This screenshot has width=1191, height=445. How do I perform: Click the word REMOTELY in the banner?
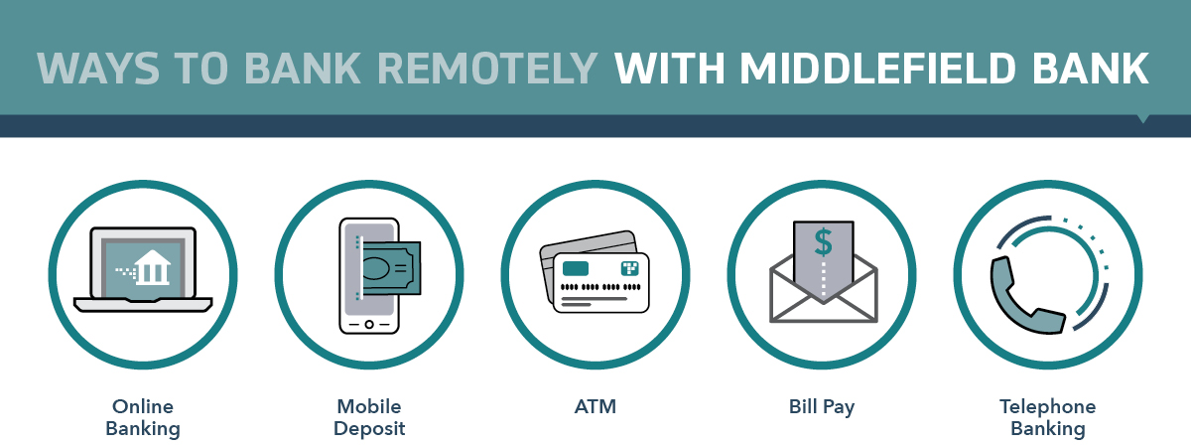pos(487,69)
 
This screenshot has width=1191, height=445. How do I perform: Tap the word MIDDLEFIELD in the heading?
pos(877,69)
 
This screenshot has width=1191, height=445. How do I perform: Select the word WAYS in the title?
pos(98,69)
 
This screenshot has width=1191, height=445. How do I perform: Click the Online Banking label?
pos(143,417)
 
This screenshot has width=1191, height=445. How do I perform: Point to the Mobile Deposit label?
pos(369,417)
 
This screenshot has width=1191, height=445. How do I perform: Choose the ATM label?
pos(595,406)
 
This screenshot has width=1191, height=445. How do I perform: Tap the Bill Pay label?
pos(822,407)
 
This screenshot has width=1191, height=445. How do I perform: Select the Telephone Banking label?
pos(1047,417)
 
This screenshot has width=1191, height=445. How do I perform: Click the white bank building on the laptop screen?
pos(152,268)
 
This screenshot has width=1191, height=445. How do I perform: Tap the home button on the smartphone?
pos(369,324)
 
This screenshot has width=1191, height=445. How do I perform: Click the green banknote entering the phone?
pos(391,268)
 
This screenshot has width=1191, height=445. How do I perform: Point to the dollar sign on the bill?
pos(823,242)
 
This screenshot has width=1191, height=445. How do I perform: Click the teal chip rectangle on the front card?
pos(576,268)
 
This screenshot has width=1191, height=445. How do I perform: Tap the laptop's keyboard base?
pos(143,305)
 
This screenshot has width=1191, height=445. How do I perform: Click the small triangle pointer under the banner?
pos(1142,119)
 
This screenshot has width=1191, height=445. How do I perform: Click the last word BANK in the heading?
pos(1091,69)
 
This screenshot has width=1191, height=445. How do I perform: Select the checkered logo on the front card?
pos(630,268)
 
